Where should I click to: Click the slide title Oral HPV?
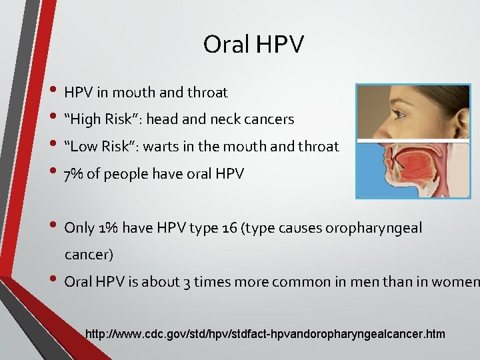tap(253, 45)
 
